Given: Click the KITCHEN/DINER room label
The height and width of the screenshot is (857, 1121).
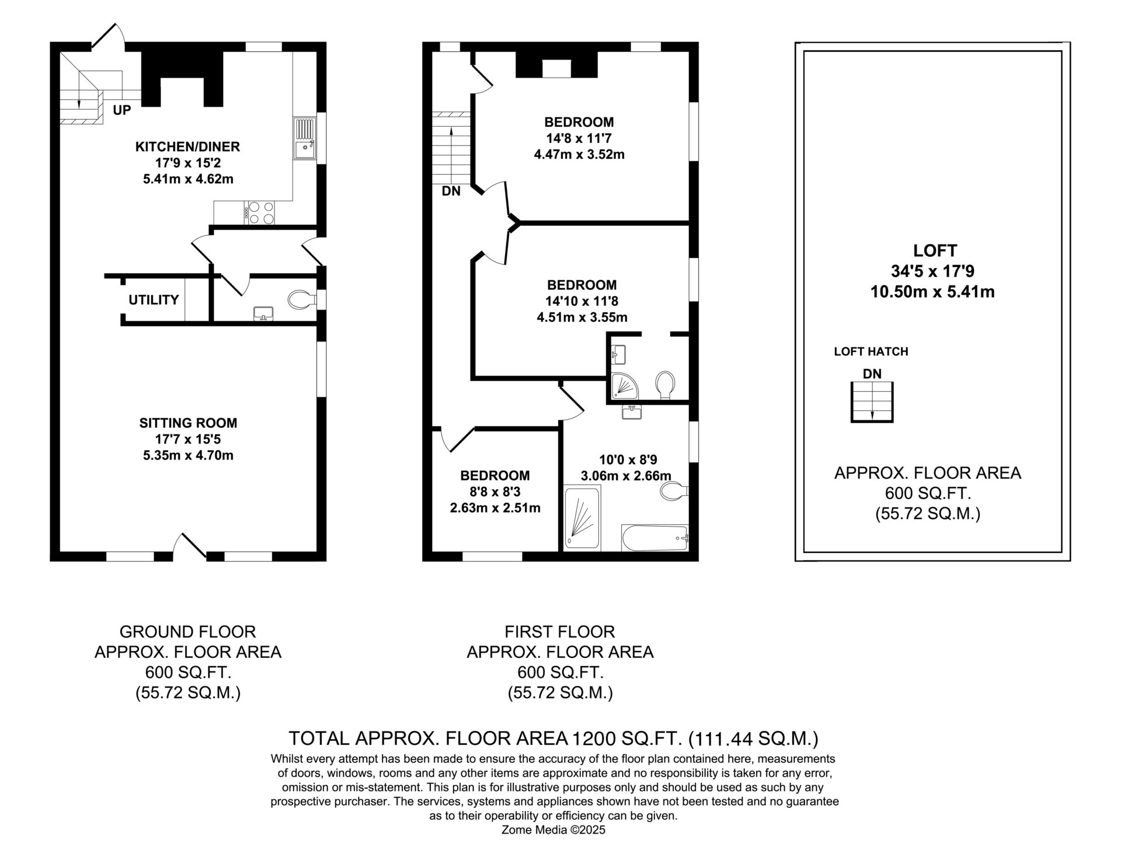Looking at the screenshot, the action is (187, 147).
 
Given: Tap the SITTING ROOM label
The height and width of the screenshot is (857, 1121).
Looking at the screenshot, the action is (188, 423).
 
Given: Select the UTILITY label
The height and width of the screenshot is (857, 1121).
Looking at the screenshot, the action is (154, 300).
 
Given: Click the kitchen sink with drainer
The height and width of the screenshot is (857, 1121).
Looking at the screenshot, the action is (304, 139).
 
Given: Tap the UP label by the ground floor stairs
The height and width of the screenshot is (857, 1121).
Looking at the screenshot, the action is (122, 110).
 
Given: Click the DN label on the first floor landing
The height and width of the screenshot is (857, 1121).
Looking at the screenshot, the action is (451, 191).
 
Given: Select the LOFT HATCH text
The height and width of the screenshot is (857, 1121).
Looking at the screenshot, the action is (871, 351).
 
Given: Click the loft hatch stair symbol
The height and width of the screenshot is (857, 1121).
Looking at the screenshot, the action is (872, 402).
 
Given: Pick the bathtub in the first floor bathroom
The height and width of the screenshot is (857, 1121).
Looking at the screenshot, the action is (656, 538).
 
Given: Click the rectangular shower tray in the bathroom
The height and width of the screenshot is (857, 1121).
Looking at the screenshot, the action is (582, 518).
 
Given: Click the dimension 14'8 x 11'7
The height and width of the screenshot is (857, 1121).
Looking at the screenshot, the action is (579, 138).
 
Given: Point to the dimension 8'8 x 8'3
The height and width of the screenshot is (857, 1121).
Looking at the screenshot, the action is (495, 492).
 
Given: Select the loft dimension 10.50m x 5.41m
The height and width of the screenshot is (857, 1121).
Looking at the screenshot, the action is (932, 292).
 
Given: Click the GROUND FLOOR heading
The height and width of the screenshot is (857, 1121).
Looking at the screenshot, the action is (187, 632).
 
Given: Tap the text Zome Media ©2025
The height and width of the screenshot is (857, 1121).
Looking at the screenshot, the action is (553, 846).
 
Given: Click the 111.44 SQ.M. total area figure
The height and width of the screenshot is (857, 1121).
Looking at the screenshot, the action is (753, 739).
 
